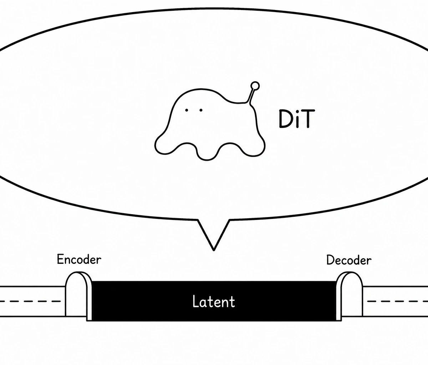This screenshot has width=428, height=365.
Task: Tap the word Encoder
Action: (79, 259)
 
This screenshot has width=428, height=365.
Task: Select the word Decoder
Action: (349, 260)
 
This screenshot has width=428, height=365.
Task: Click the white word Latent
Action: (214, 302)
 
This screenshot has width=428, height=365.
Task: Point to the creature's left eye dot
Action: (186, 110)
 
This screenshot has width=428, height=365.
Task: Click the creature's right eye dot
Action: (201, 110)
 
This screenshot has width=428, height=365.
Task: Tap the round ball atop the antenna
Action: (255, 86)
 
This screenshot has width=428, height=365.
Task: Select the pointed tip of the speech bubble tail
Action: (214, 250)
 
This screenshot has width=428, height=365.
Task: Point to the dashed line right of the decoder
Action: (398, 301)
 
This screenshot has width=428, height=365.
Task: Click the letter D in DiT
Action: (285, 119)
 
